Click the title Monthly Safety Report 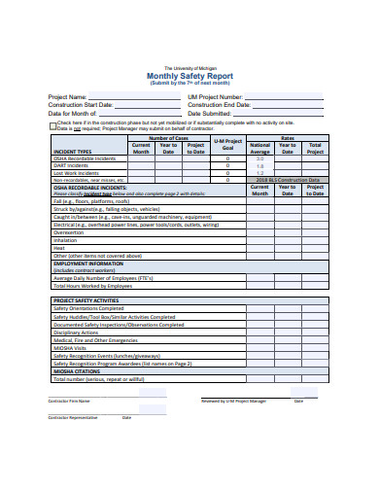(189, 74)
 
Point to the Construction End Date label (219, 104)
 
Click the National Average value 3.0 (260, 158)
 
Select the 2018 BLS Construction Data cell (288, 180)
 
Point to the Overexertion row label (69, 232)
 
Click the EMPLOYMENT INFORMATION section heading (88, 263)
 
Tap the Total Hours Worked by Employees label (94, 286)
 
